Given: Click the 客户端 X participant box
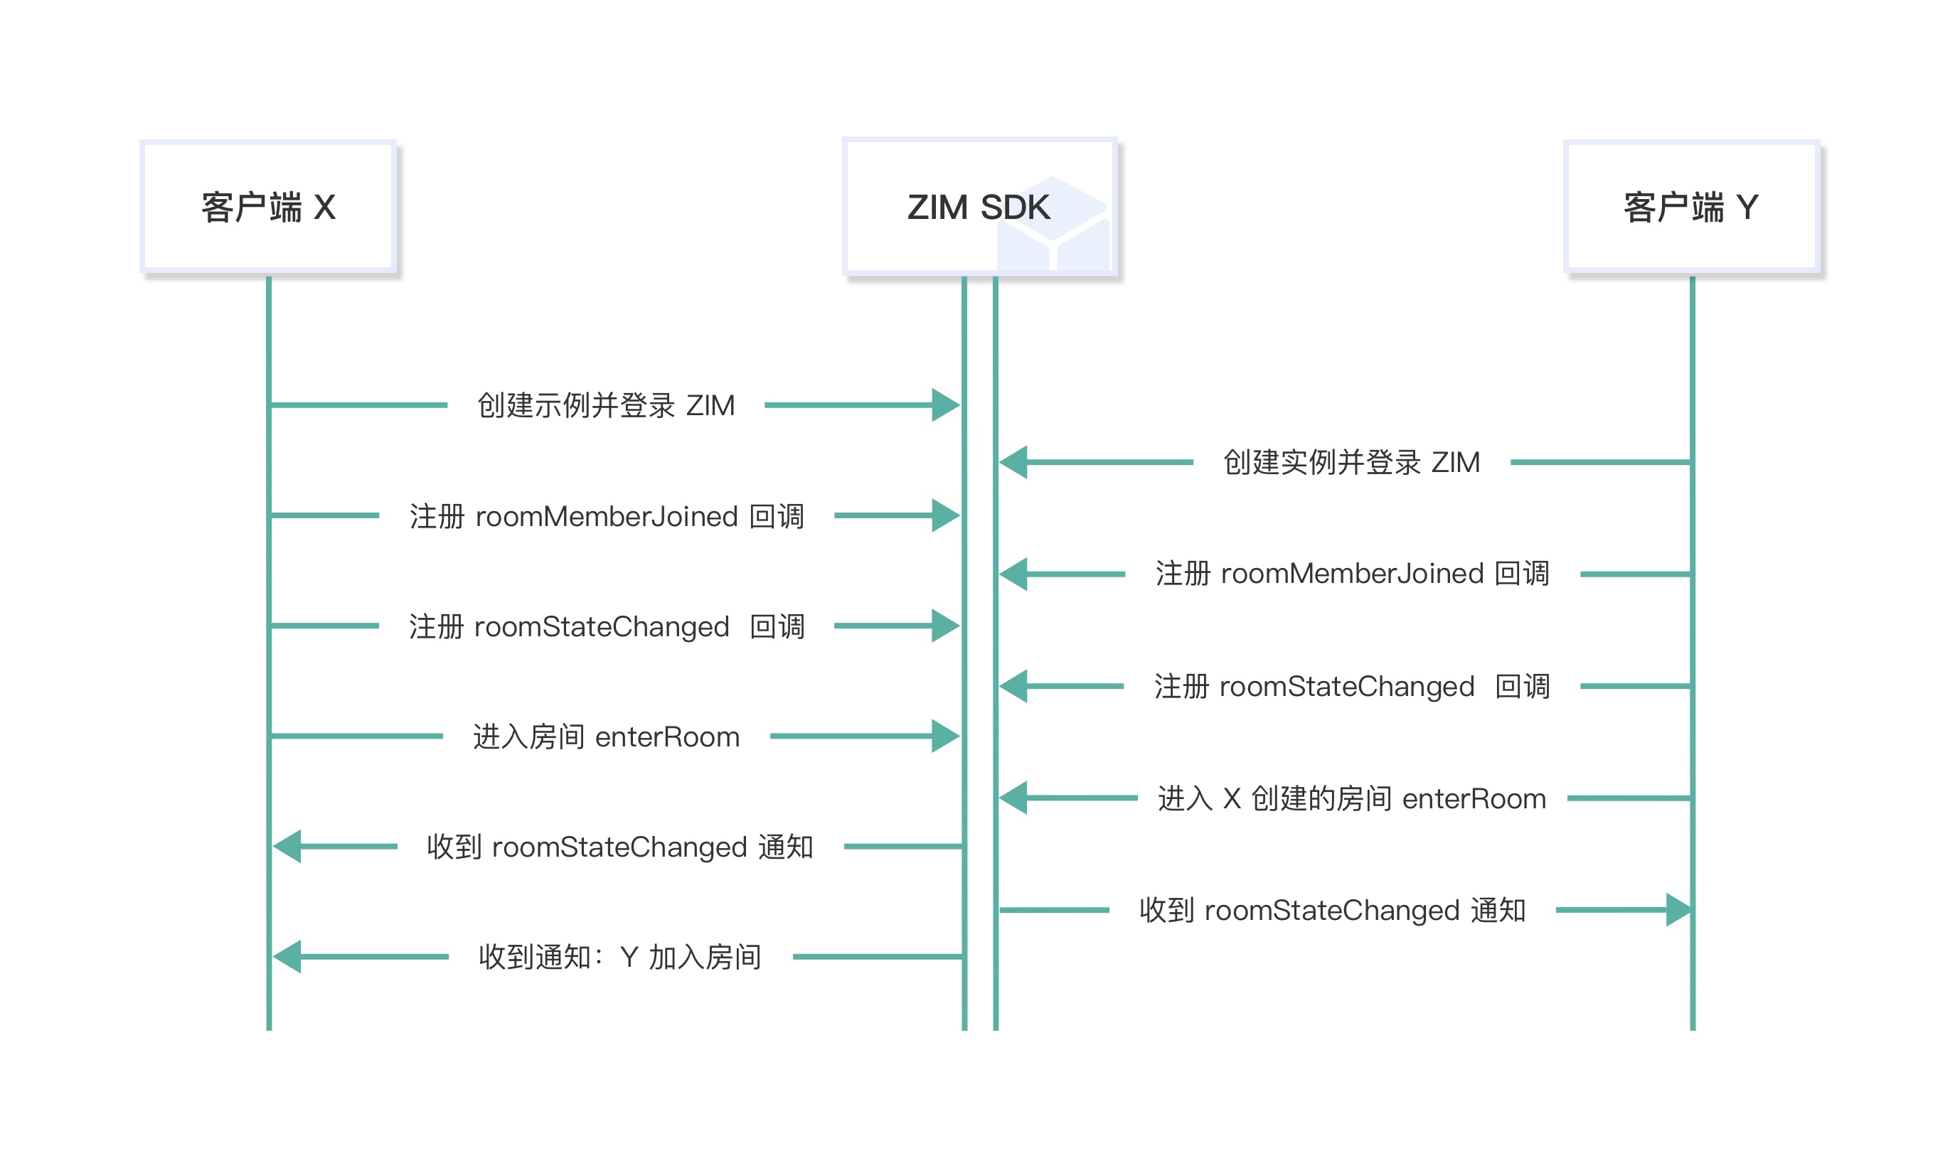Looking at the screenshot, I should (x=268, y=206).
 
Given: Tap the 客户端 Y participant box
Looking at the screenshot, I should (x=1691, y=206).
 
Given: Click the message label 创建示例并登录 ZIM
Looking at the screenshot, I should (x=606, y=405).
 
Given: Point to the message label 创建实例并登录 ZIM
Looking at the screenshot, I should (x=1351, y=462).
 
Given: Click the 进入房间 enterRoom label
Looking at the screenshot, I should (x=606, y=737).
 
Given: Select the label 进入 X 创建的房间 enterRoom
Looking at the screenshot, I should (x=1351, y=798).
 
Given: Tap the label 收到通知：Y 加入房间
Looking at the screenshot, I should (x=620, y=957).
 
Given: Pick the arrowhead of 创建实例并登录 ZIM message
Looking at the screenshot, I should (x=1013, y=462).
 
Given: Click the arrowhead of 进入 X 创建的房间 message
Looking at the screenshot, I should (x=1013, y=798).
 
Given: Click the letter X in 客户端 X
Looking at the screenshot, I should (x=325, y=208).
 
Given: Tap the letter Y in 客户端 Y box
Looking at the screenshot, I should (x=1747, y=208).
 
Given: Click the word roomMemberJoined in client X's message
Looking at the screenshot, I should (x=607, y=517).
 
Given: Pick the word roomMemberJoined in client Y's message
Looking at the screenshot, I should (x=1352, y=574).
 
